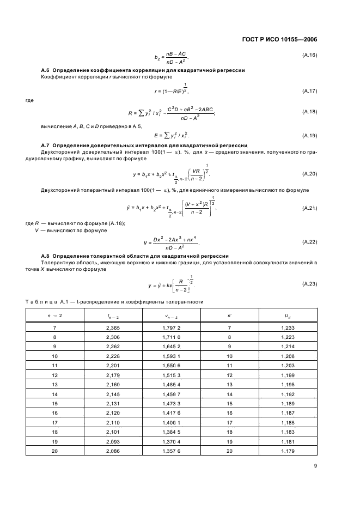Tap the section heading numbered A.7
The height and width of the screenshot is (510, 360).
coord(144,145)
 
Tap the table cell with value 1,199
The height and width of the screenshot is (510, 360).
coord(287,375)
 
